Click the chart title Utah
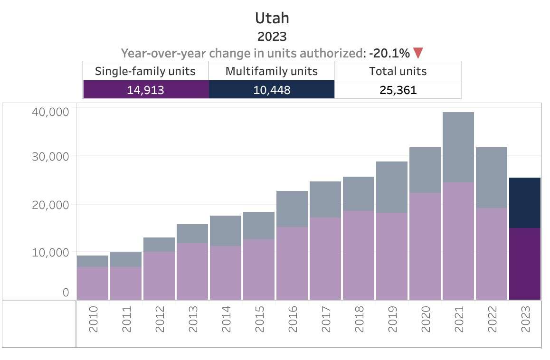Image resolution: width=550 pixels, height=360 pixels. (272, 18)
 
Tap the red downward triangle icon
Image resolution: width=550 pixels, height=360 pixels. (418, 53)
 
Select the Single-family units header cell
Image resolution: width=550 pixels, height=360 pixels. (145, 71)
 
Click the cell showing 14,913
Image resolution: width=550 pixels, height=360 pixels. (145, 89)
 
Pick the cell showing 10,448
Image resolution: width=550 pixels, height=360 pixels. (272, 89)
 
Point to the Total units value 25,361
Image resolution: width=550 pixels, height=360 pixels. (398, 89)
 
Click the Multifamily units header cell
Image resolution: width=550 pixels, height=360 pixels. (272, 71)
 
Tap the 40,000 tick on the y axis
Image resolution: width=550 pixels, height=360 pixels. (51, 112)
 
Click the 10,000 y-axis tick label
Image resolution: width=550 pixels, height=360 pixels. (51, 252)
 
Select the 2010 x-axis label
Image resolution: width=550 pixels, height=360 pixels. (93, 319)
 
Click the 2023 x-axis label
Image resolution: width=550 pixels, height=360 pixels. (525, 319)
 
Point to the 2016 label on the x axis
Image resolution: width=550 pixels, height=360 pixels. (292, 319)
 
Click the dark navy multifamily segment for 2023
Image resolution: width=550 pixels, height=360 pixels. (525, 203)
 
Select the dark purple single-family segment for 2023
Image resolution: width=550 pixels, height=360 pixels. (525, 264)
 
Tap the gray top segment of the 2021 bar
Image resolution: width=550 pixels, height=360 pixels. (458, 147)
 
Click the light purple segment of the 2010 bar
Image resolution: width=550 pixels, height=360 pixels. (93, 283)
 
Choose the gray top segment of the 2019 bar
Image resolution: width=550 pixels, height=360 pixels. (392, 187)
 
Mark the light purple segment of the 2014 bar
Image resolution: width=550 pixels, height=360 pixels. (226, 273)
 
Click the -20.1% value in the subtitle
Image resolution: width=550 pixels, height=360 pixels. (389, 53)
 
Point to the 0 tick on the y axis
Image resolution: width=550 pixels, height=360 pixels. (66, 293)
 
